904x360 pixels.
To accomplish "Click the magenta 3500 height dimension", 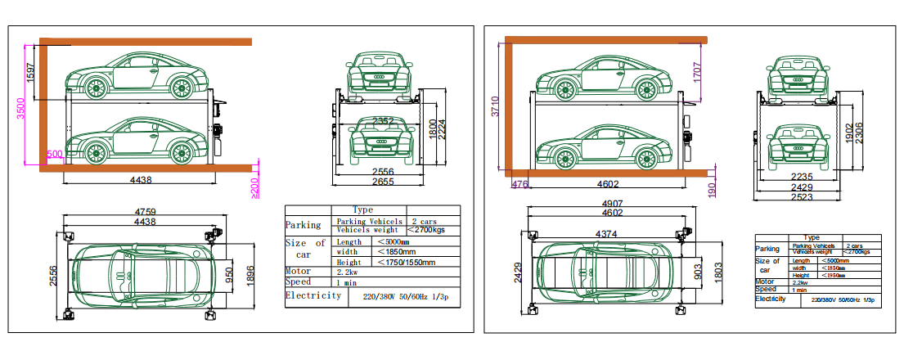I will (21, 109).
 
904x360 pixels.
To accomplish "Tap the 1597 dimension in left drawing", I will (32, 72).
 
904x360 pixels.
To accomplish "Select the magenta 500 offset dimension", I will (54, 154).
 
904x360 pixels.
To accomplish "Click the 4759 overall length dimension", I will (145, 212).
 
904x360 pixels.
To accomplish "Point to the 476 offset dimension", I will (519, 185).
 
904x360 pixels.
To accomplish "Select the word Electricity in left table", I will (313, 295).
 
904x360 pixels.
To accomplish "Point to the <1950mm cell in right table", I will (832, 275).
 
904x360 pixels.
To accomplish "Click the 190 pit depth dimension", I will (712, 191).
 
